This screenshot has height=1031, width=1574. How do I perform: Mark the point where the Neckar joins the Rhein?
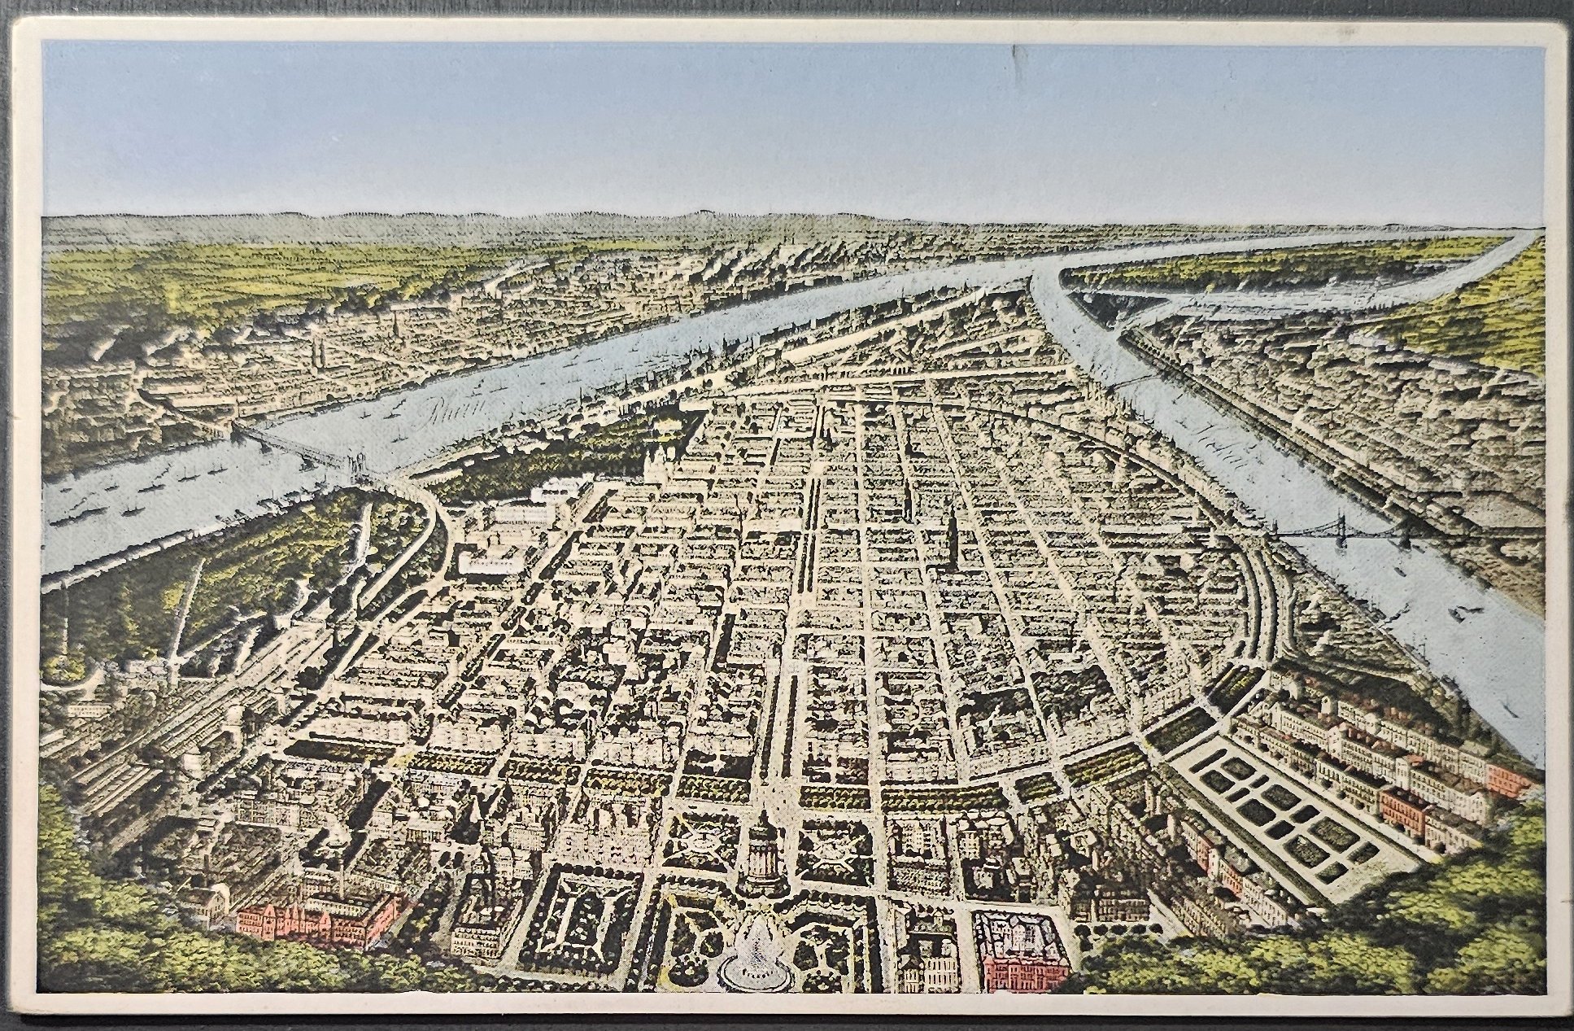(1045, 277)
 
